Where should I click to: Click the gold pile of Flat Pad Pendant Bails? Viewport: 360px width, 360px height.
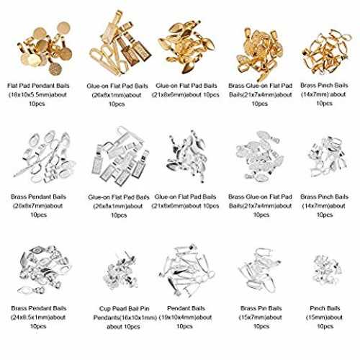(x=45, y=48)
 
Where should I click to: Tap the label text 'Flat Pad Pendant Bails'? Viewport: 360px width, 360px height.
(x=38, y=86)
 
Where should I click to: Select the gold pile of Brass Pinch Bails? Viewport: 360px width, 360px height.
(x=325, y=52)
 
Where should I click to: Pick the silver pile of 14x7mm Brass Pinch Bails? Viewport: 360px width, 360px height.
(x=327, y=156)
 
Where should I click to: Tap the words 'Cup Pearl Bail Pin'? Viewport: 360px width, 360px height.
(x=124, y=309)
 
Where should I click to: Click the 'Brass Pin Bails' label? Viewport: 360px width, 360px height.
(x=261, y=308)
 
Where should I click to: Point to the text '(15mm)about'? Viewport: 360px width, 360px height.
(x=324, y=318)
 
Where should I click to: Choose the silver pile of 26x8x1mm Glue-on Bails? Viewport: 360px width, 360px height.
(x=120, y=157)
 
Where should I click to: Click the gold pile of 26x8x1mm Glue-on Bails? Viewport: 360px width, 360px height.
(x=120, y=43)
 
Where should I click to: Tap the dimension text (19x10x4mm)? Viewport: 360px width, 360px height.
(x=177, y=318)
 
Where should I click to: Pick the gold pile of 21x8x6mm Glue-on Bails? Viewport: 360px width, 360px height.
(x=186, y=46)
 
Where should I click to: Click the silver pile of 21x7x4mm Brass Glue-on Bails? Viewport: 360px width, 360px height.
(x=260, y=156)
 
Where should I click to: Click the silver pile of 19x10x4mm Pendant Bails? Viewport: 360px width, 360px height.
(x=186, y=270)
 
